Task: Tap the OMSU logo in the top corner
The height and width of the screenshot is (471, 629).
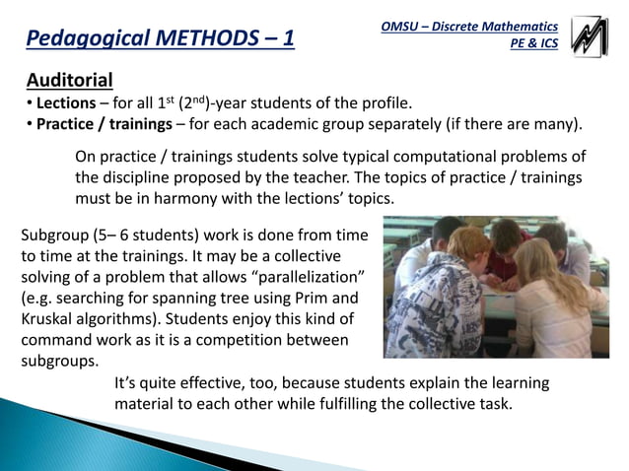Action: (590, 36)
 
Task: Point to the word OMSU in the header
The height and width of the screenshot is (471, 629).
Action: (402, 27)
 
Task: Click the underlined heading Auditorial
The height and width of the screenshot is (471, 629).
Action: (69, 80)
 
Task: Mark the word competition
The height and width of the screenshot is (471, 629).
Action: (238, 340)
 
